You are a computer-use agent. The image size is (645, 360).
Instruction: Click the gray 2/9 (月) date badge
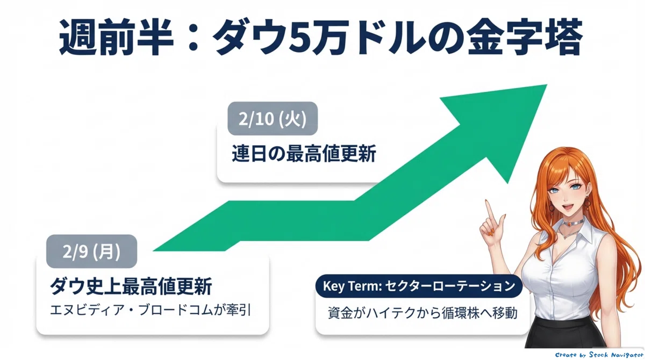point(91,251)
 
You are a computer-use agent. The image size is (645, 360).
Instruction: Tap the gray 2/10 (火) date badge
point(273,118)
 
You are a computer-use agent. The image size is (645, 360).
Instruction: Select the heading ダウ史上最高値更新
point(131,286)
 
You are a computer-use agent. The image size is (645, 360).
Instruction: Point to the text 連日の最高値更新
point(304,154)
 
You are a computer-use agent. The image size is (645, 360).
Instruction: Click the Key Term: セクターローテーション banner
point(419,286)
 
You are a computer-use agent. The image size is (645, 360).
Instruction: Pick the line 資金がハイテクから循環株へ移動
point(422,313)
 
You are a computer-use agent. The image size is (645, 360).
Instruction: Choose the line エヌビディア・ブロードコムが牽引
point(150,310)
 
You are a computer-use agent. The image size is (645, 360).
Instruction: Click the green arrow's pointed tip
point(546,85)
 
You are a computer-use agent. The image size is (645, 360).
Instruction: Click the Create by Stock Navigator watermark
point(599,355)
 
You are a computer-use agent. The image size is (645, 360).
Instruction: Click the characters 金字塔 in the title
point(525,37)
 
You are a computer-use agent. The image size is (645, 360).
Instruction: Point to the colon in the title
point(192,38)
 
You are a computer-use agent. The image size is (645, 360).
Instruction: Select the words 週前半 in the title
point(116,37)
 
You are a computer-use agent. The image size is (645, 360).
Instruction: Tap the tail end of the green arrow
point(154,250)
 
